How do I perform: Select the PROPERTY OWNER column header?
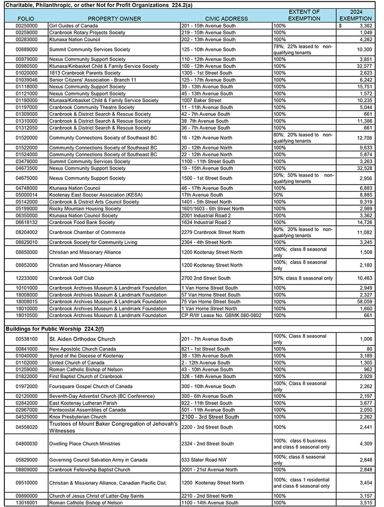click(x=114, y=19)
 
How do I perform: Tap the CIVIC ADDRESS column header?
click(x=226, y=19)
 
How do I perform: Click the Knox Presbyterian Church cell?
click(x=78, y=417)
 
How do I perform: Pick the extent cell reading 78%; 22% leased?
click(x=302, y=49)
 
